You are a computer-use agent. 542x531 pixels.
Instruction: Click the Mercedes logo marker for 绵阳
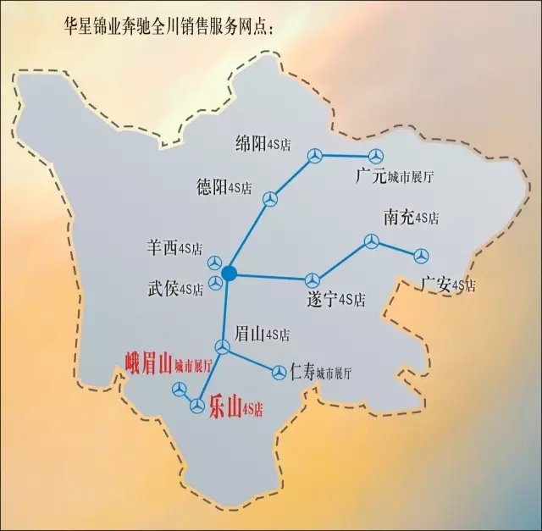click(315, 155)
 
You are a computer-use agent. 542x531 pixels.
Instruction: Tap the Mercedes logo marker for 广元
click(375, 156)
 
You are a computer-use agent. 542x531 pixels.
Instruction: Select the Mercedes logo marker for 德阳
click(270, 198)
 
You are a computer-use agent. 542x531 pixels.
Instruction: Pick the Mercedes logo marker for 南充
click(371, 242)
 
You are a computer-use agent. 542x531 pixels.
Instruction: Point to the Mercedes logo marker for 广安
click(421, 255)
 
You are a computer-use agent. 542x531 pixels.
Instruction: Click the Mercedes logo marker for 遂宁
click(312, 279)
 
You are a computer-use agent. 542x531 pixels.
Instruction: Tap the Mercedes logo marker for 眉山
click(222, 347)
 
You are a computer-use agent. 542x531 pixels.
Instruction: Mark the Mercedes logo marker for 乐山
click(196, 407)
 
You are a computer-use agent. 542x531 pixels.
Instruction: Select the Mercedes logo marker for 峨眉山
click(180, 390)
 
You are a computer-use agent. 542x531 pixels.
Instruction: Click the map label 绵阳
click(252, 143)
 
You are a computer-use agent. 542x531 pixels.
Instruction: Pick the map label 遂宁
click(320, 299)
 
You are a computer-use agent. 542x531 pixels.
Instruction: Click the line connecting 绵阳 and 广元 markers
click(345, 156)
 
